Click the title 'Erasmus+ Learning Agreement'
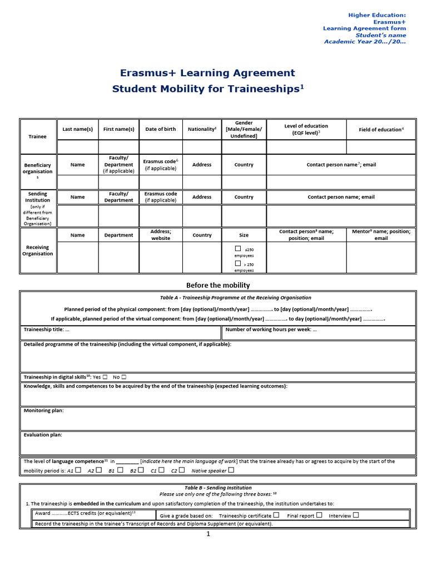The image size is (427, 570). [207, 73]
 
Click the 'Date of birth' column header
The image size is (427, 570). [160, 129]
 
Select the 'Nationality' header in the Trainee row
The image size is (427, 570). [202, 129]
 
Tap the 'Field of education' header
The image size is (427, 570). [380, 129]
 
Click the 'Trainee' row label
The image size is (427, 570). [38, 136]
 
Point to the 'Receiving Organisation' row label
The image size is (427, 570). [38, 250]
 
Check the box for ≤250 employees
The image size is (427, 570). [238, 249]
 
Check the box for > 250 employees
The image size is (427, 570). [238, 263]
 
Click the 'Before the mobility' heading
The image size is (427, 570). [218, 285]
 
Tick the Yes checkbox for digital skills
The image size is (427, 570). [105, 377]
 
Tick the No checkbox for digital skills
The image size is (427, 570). [124, 377]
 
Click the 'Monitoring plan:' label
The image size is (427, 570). [43, 410]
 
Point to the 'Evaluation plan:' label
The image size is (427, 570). [43, 435]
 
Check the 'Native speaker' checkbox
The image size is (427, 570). [231, 470]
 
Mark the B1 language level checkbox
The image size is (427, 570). [120, 470]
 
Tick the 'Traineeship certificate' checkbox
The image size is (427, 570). [276, 515]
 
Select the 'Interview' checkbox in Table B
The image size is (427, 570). [356, 515]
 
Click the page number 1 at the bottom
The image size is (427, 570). [208, 534]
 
